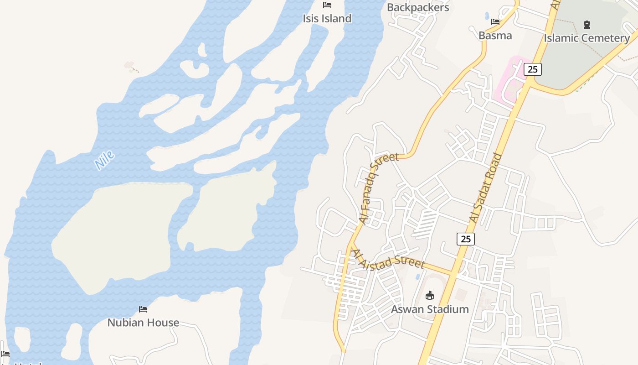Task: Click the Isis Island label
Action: pyautogui.click(x=327, y=19)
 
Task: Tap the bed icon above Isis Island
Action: pyautogui.click(x=327, y=5)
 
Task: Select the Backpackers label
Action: pyautogui.click(x=418, y=7)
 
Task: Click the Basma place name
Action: pyautogui.click(x=495, y=36)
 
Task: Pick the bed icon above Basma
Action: pyautogui.click(x=495, y=21)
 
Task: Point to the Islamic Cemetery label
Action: pyautogui.click(x=587, y=38)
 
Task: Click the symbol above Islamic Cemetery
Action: pyautogui.click(x=587, y=24)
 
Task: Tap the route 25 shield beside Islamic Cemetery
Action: pyautogui.click(x=532, y=69)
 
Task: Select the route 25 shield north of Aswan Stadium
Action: pyautogui.click(x=465, y=239)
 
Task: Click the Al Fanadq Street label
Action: pyautogui.click(x=378, y=188)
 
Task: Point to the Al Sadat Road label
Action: pyautogui.click(x=486, y=188)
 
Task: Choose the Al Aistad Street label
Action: pyautogui.click(x=389, y=259)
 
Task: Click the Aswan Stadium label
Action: pyautogui.click(x=430, y=309)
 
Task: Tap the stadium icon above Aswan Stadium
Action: pyautogui.click(x=430, y=296)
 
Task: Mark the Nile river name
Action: pyautogui.click(x=105, y=161)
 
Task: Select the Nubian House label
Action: pyautogui.click(x=143, y=323)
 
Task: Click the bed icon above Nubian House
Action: pyautogui.click(x=143, y=309)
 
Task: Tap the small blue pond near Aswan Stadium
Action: pyautogui.click(x=418, y=276)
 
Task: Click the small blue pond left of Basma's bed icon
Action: pyautogui.click(x=487, y=16)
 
